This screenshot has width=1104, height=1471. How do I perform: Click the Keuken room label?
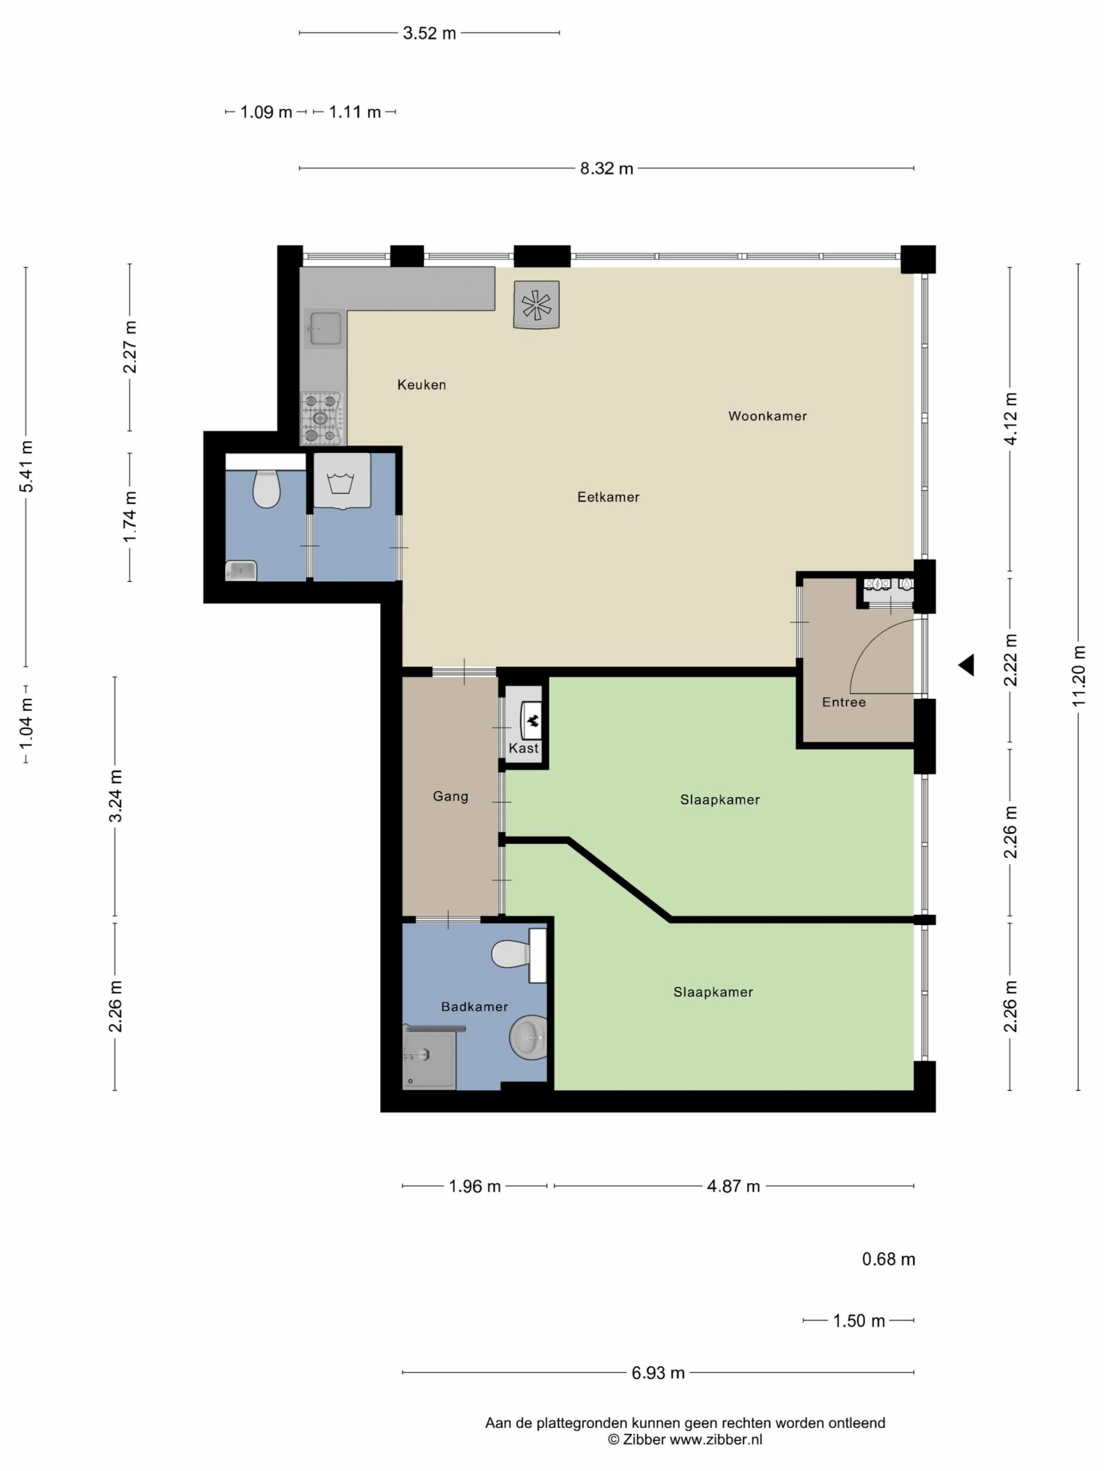[x=421, y=384]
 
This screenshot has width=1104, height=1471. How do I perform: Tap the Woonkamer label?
[x=767, y=416]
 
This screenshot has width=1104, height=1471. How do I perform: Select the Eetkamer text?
[x=608, y=497]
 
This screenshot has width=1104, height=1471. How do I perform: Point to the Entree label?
[x=844, y=702]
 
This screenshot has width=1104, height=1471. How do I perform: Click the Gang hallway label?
[x=451, y=796]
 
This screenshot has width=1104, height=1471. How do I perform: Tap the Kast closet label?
[x=524, y=748]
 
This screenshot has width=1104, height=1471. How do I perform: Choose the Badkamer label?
[x=474, y=1007]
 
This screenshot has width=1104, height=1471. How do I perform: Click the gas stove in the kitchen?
[x=322, y=418]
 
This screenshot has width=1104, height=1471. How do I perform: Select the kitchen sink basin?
[x=324, y=329]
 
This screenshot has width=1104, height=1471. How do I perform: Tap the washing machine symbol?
[x=342, y=481]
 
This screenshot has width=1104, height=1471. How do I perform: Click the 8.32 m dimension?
[x=606, y=169]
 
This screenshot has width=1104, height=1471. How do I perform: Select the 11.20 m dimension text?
[x=1079, y=676]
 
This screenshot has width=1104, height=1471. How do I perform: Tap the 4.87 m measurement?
[x=733, y=1187]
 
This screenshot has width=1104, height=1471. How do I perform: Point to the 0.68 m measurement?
[x=888, y=1260]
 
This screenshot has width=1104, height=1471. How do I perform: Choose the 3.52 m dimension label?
[x=429, y=33]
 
